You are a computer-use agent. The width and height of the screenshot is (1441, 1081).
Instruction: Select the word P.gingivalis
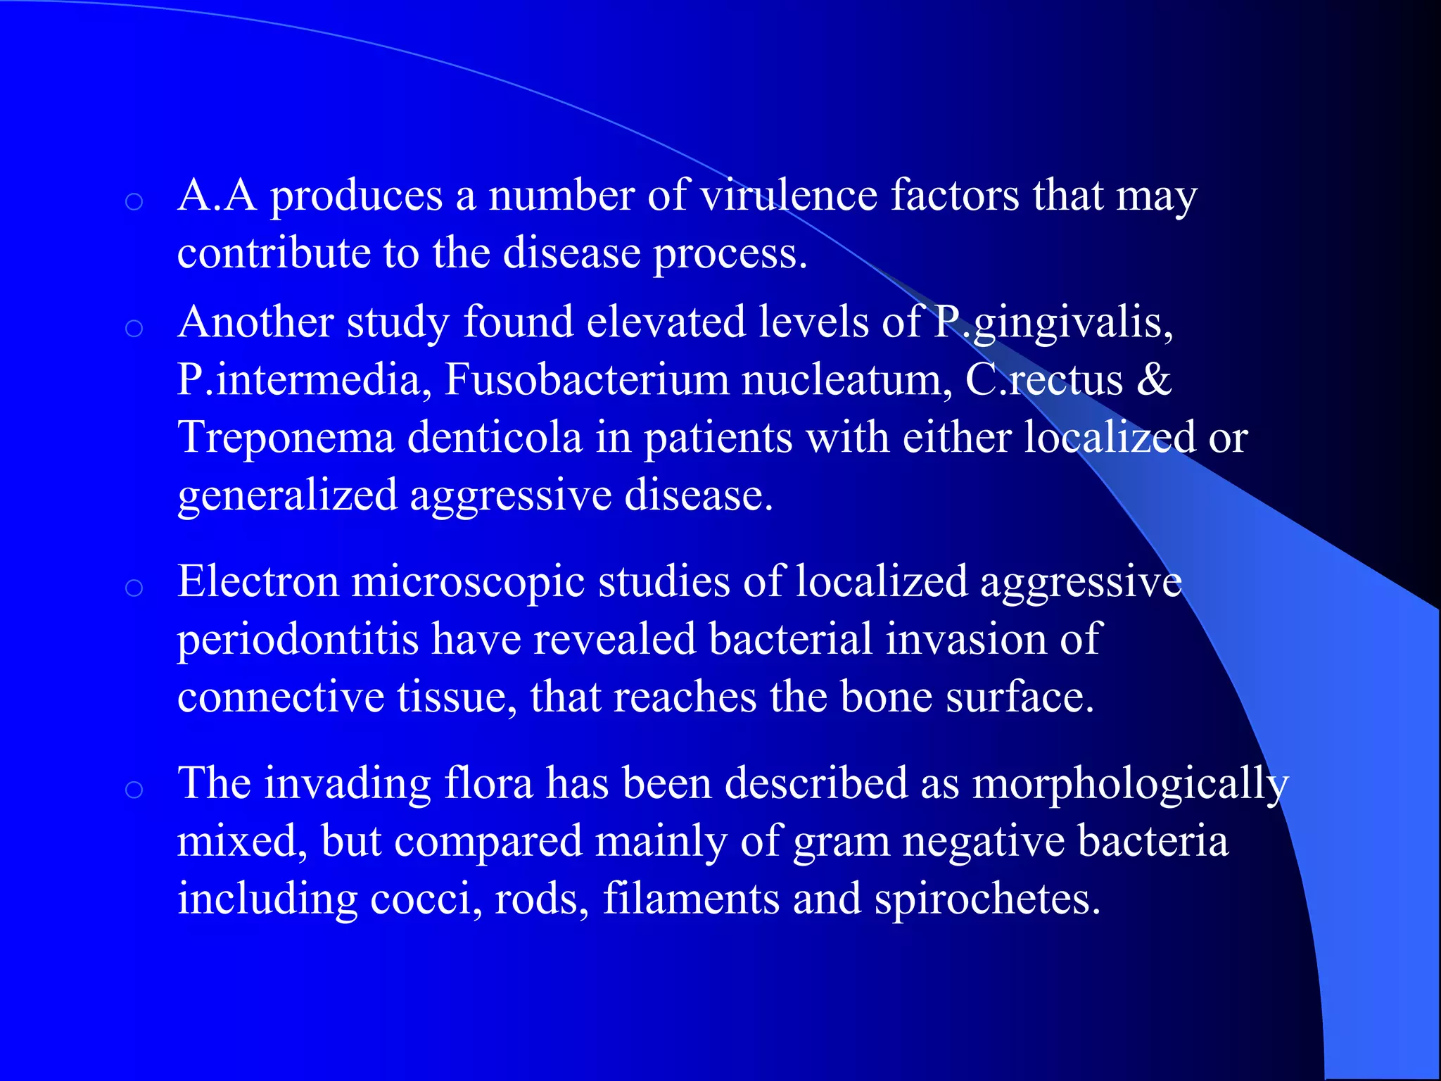pos(1053,323)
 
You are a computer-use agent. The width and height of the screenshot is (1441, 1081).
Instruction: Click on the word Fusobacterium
pos(586,380)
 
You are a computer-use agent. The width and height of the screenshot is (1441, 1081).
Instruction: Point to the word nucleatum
pos(847,380)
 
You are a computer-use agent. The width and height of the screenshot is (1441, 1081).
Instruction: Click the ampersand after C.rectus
pos(1153,380)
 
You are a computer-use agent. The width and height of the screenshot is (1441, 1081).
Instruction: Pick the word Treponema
pos(286,438)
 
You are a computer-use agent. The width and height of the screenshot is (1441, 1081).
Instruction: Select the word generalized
pos(287,496)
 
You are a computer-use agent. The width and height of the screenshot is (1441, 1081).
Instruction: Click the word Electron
pos(258,582)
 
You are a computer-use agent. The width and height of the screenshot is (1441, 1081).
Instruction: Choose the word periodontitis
pos(298,640)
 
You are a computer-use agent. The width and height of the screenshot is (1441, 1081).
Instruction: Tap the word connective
pos(281,697)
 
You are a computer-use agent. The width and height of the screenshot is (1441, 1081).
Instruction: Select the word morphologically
pos(1130,785)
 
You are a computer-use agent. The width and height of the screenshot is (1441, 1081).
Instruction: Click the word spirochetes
pos(987,900)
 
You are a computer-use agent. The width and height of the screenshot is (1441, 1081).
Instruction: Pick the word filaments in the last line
pos(691,899)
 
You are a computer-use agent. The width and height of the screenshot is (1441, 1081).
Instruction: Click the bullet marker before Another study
pos(134,328)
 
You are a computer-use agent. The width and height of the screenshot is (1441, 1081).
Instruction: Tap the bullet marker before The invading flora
pos(134,790)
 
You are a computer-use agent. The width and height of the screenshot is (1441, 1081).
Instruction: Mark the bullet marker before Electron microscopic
pos(134,588)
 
